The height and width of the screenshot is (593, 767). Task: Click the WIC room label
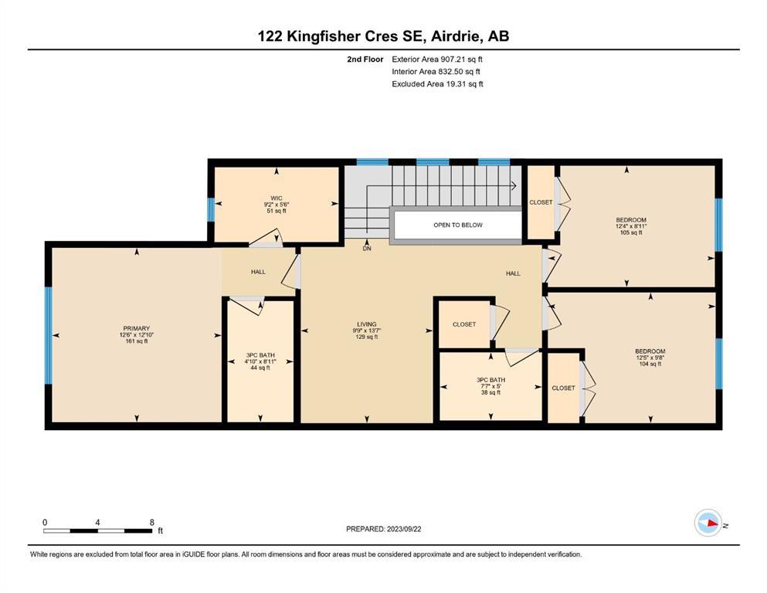click(x=277, y=198)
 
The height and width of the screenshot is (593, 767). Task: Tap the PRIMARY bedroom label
click(x=137, y=328)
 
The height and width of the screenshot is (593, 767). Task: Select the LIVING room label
click(x=367, y=324)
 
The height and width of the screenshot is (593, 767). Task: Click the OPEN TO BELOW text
click(x=458, y=225)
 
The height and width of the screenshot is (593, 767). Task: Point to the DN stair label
click(x=367, y=249)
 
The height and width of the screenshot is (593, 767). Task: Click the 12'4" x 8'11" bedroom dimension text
click(x=631, y=226)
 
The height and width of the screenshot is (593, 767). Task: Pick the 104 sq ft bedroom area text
click(x=650, y=364)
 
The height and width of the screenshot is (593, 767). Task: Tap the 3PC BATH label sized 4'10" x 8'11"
click(x=260, y=355)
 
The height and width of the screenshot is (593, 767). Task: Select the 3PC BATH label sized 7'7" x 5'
click(x=490, y=380)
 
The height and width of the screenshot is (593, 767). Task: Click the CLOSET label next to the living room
click(x=464, y=324)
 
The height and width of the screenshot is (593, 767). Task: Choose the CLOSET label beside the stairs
click(x=541, y=202)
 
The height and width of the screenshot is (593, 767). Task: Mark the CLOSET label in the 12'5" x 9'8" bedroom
click(x=564, y=388)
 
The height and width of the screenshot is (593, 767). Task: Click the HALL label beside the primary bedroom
click(x=258, y=272)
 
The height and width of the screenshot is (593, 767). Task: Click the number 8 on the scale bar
click(x=152, y=522)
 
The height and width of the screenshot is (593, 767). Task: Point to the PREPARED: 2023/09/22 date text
click(x=383, y=529)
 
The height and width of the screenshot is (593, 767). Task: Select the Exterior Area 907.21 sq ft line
click(x=437, y=59)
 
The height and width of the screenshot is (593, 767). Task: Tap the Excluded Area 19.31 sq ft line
click(x=437, y=83)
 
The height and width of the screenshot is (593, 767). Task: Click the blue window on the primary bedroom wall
click(x=48, y=335)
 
